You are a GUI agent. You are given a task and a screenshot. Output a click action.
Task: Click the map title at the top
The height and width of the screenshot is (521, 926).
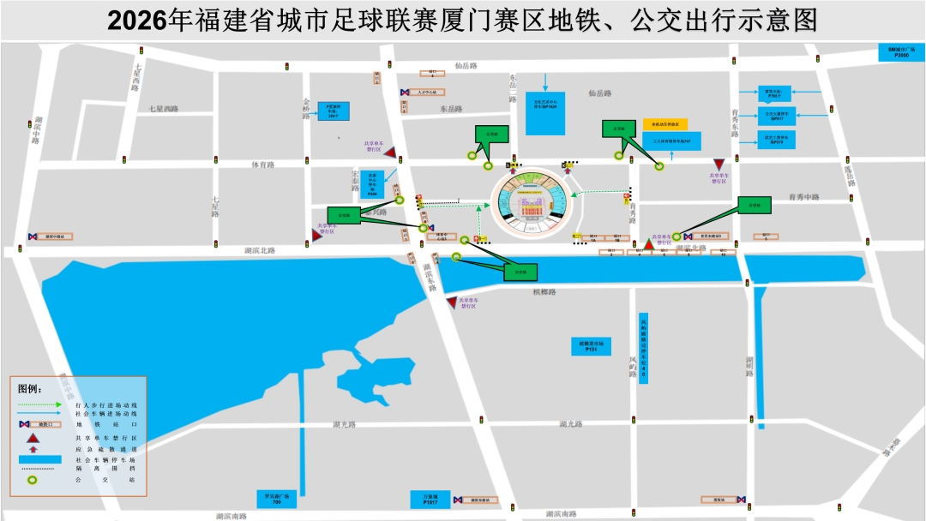point(463,20)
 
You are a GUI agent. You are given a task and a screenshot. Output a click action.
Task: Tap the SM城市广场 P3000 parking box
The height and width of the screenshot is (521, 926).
point(902,52)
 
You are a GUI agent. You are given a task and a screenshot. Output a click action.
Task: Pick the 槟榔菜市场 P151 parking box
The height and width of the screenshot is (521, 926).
point(591,346)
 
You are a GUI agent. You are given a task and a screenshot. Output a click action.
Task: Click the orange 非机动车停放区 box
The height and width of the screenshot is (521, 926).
point(665,124)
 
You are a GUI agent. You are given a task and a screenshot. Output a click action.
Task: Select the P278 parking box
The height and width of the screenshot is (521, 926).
point(777,140)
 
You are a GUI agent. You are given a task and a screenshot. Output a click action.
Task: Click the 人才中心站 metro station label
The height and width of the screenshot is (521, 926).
point(429,92)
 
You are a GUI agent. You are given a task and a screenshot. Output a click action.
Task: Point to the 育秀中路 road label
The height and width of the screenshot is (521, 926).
point(804,197)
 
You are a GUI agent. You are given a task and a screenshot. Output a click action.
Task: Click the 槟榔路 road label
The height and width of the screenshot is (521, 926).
point(544,292)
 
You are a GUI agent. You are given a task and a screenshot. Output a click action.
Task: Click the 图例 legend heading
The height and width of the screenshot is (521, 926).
point(30,388)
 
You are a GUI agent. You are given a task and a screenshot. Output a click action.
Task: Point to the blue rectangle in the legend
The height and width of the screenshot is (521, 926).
point(40,459)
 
